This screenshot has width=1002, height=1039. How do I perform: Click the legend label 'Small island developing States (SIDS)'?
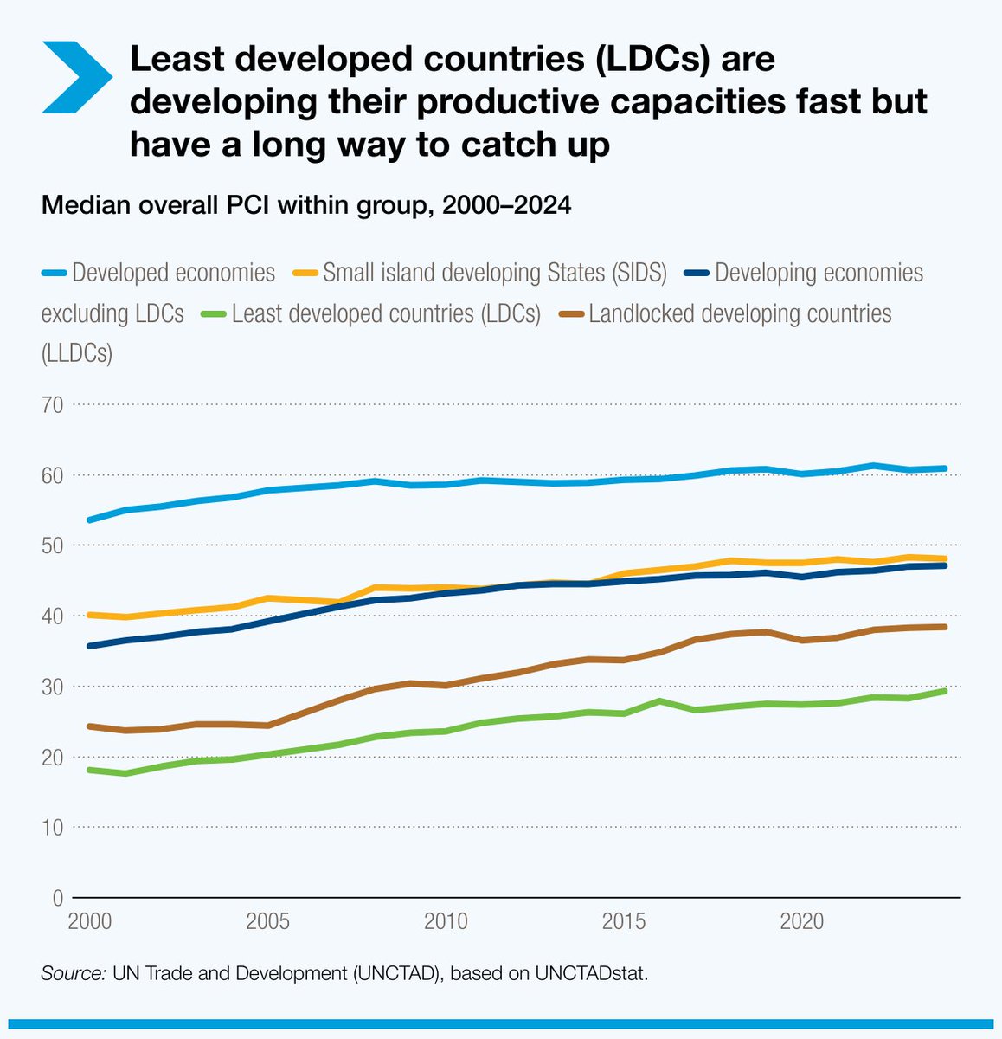pos(494,273)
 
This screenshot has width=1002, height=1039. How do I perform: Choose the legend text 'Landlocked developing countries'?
pos(740,313)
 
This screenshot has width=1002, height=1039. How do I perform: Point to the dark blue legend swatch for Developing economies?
pos(696,274)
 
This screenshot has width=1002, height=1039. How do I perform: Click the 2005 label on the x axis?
pos(267,920)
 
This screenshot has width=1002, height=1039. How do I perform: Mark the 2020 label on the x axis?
pos(802,920)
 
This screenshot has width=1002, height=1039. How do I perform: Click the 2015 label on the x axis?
pos(624,920)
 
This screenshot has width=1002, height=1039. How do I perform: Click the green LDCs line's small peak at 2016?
pos(660,700)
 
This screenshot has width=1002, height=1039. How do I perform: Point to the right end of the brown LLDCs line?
pos(945,627)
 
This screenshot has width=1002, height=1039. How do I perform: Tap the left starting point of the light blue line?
pos(90,519)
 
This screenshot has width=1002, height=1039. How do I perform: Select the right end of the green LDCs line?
pos(945,691)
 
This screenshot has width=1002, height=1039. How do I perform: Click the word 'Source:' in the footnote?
pos(72,973)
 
